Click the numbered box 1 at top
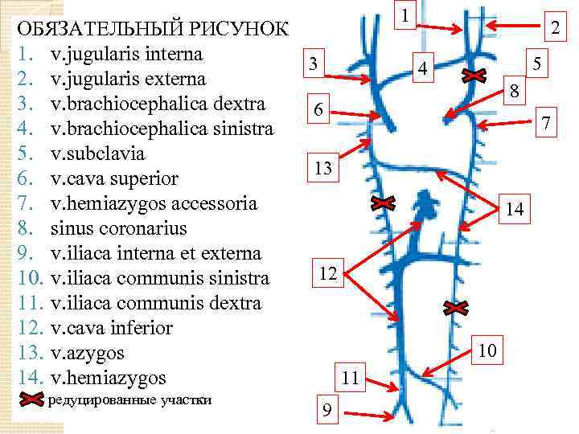tap(406, 14)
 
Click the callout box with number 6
tap(319, 111)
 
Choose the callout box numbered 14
tap(515, 209)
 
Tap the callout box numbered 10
tap(487, 350)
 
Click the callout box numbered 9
tap(326, 411)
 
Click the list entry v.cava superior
tap(113, 178)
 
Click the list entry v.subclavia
tap(90, 153)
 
